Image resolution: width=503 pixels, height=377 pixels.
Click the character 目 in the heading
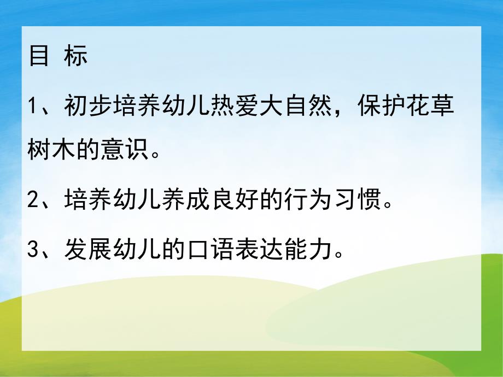click(38, 56)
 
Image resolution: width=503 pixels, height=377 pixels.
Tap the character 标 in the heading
click(75, 56)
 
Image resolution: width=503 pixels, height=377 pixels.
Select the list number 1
click(32, 104)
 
